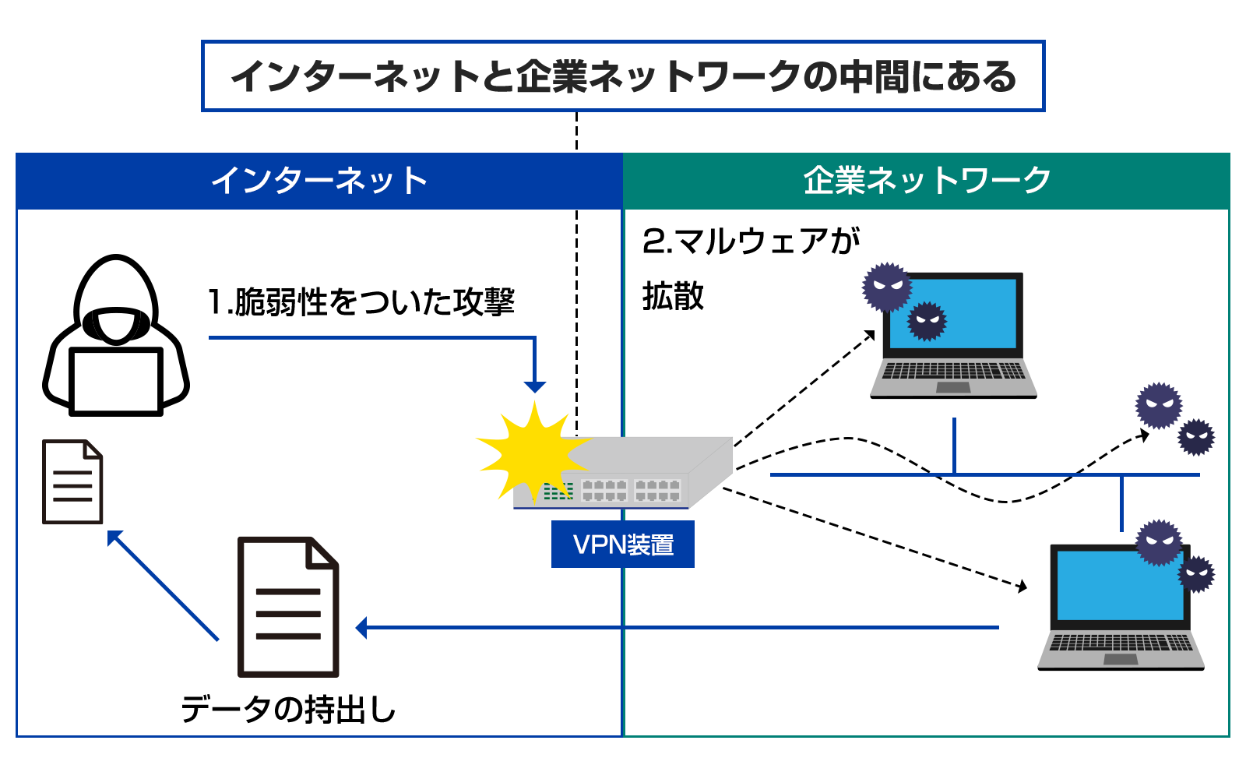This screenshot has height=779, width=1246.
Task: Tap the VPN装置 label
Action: click(622, 545)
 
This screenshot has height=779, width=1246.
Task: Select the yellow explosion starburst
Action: click(530, 452)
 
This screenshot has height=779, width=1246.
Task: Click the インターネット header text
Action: click(319, 181)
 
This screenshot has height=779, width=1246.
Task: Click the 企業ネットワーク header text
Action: click(927, 181)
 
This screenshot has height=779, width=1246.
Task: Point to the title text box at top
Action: click(623, 76)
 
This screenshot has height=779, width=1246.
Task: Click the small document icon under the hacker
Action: click(72, 482)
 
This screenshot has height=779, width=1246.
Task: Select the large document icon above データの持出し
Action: click(288, 607)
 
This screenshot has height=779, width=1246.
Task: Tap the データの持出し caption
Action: click(288, 710)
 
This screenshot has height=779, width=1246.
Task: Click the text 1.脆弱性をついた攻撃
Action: click(361, 301)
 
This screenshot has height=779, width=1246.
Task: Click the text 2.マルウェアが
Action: click(751, 241)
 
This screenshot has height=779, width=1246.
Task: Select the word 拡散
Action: click(673, 297)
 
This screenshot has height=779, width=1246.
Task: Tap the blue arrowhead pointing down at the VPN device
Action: click(534, 386)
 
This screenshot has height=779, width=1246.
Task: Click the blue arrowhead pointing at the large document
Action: click(361, 627)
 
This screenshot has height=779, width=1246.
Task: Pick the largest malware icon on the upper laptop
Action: click(886, 287)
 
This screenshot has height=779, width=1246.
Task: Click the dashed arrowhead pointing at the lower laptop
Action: click(1021, 586)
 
